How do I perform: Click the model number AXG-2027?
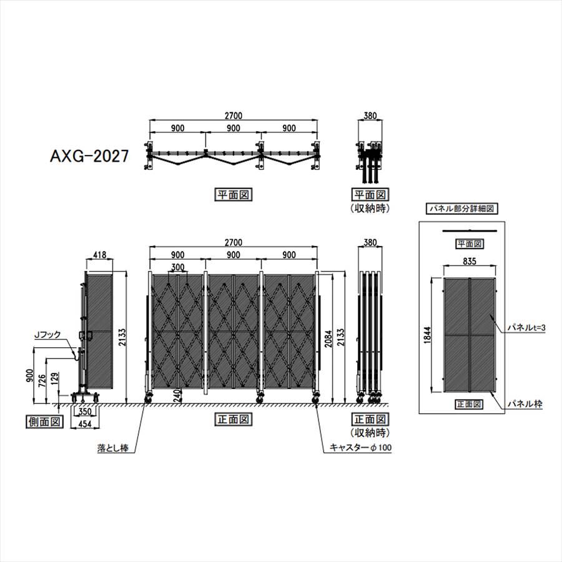pos(89,156)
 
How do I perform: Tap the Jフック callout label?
pos(47,335)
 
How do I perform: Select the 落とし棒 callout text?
pos(112,448)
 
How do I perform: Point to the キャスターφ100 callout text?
pos(360,447)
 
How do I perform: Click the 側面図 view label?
pos(44,422)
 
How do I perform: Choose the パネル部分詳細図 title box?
pos(461,209)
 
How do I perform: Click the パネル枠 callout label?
pos(525,404)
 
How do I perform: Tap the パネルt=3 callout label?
pos(526,328)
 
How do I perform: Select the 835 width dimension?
pos(469,261)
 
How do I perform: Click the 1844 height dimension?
pos(427,335)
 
